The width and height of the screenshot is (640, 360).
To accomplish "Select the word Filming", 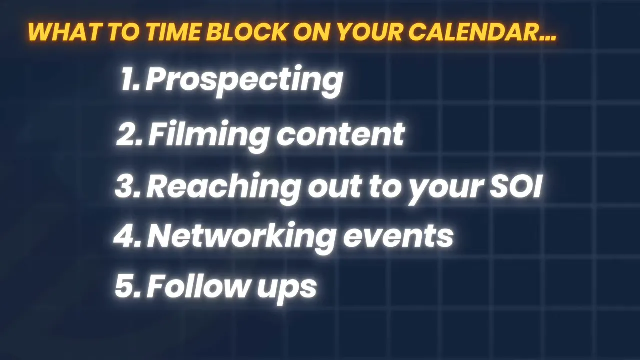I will click(x=209, y=134).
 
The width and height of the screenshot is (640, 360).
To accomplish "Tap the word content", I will click(x=340, y=134).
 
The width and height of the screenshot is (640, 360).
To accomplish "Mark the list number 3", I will click(x=127, y=186).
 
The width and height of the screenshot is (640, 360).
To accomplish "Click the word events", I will click(x=398, y=236).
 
